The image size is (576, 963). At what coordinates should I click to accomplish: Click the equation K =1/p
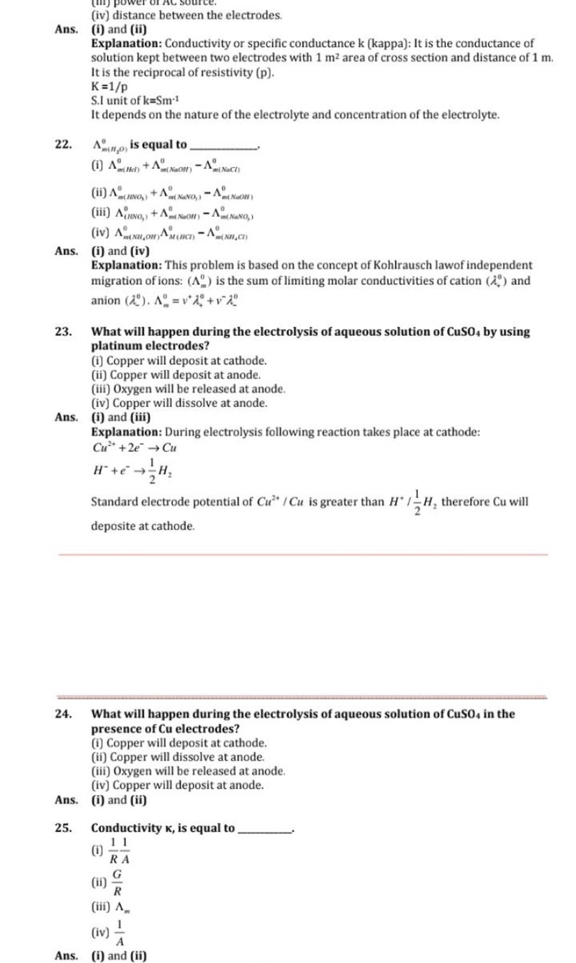[x=110, y=87]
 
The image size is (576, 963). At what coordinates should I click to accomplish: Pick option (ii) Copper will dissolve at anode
[x=178, y=757]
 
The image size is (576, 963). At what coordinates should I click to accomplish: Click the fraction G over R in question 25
[x=118, y=882]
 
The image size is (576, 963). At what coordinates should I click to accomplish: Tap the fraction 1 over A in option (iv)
[x=120, y=932]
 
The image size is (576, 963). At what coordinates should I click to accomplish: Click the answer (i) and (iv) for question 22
[x=120, y=251]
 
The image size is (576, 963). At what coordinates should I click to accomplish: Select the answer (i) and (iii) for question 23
[x=120, y=417]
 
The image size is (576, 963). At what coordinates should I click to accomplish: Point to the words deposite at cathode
[x=143, y=526]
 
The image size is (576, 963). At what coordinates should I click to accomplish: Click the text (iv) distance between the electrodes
[x=186, y=15]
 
